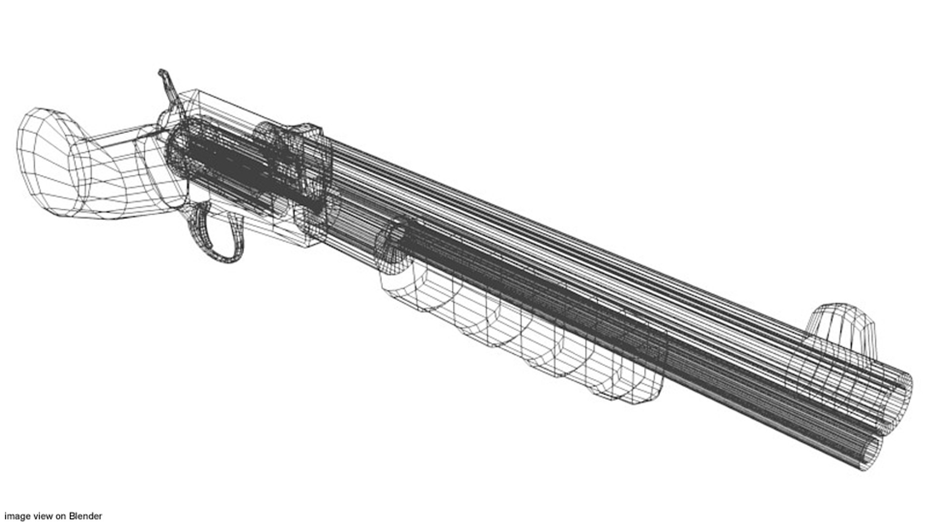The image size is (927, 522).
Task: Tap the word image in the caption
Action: tap(14, 516)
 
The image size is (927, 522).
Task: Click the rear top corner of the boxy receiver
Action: tap(193, 93)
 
